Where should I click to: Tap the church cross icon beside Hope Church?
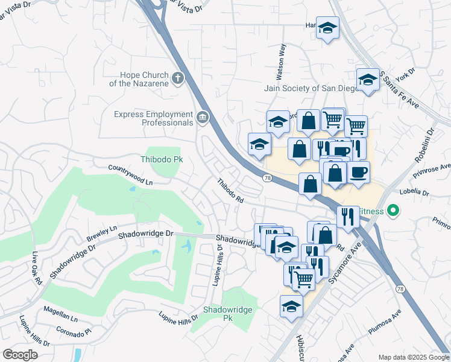click(177, 78)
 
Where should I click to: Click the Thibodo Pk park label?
click(161, 159)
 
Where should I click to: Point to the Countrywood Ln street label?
click(131, 174)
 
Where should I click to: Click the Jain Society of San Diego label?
click(307, 88)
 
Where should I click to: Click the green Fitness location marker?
click(394, 211)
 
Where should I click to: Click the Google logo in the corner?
click(20, 354)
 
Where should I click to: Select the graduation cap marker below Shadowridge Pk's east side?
click(291, 306)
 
